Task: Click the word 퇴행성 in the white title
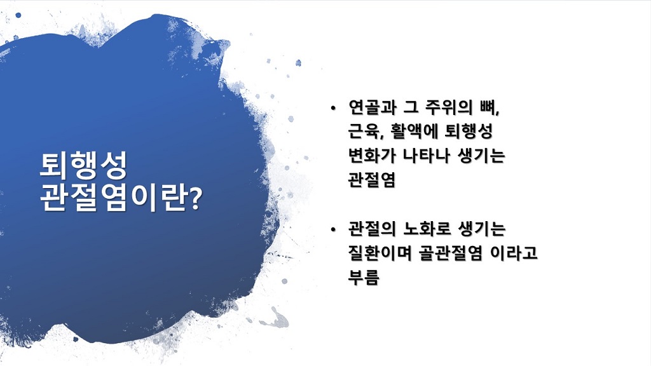pos(83,165)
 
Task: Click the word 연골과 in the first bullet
pos(372,107)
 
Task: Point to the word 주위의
pos(449,107)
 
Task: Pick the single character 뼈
pos(488,107)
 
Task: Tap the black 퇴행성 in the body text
pos(469,132)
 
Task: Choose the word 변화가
pos(372,156)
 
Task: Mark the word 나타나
pos(427,156)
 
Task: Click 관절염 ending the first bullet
pos(371,180)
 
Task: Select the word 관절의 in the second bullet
pos(372,229)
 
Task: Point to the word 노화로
pos(427,229)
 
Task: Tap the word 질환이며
pos(380,253)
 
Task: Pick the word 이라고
pos(514,253)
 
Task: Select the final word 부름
pos(364,277)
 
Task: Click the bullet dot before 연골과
pos(333,109)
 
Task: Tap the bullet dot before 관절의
pos(333,230)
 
